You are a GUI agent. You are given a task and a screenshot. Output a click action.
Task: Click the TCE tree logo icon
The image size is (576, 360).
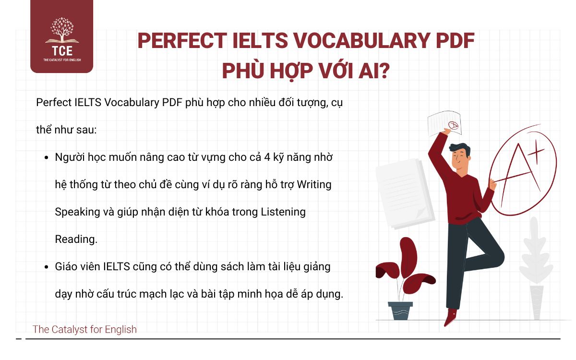coord(61,31)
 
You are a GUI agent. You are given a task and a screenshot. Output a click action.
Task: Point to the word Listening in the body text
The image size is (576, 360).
coord(283,212)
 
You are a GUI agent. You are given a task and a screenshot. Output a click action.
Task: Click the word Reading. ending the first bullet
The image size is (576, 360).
coord(76,239)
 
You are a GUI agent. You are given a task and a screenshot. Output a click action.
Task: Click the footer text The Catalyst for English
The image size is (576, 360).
coord(84,329)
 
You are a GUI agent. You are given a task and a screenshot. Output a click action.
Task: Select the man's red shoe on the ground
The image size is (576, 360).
coord(451,317)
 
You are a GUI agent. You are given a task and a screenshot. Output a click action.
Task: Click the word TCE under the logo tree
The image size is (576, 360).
coord(61,50)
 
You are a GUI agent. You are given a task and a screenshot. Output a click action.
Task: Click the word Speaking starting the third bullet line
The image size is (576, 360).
coord(76,212)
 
